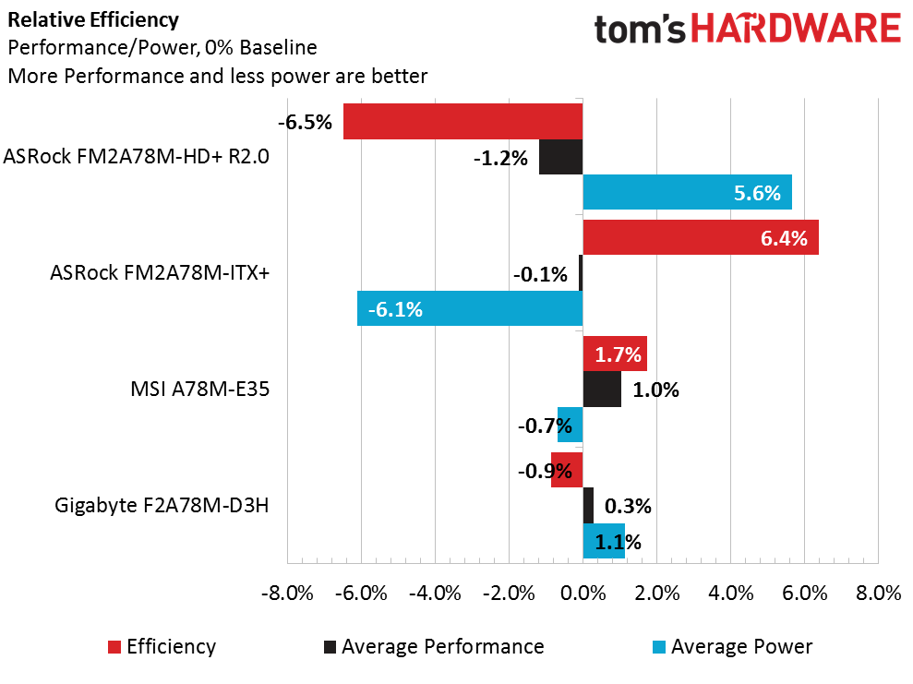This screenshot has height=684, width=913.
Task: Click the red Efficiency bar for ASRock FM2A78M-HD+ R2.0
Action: pyautogui.click(x=463, y=122)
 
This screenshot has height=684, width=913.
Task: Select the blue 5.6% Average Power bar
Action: pyautogui.click(x=687, y=192)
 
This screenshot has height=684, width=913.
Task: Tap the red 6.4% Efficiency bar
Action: pyautogui.click(x=701, y=238)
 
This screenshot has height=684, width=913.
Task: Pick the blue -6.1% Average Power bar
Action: pyautogui.click(x=470, y=308)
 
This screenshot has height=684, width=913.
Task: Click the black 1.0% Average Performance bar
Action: pyautogui.click(x=602, y=389)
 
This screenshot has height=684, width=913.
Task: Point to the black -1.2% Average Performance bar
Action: pyautogui.click(x=560, y=157)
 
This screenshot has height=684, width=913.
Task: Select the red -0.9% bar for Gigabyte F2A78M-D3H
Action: pyautogui.click(x=567, y=470)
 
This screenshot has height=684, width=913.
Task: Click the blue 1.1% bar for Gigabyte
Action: pyautogui.click(x=604, y=541)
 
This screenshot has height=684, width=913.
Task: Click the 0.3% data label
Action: pyautogui.click(x=628, y=506)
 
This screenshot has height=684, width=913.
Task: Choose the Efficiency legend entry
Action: pyautogui.click(x=162, y=646)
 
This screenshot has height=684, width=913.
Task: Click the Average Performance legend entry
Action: pyautogui.click(x=433, y=646)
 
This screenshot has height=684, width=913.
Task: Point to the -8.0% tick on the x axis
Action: pyautogui.click(x=287, y=594)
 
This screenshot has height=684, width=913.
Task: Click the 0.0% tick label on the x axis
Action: pyautogui.click(x=583, y=594)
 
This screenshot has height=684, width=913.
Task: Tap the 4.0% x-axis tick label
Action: pyautogui.click(x=730, y=594)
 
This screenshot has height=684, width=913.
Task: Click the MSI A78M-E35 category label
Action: pyautogui.click(x=200, y=389)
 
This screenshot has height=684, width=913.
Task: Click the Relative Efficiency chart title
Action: pyautogui.click(x=80, y=19)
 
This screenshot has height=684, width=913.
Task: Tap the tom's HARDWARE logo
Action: pyautogui.click(x=747, y=29)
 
